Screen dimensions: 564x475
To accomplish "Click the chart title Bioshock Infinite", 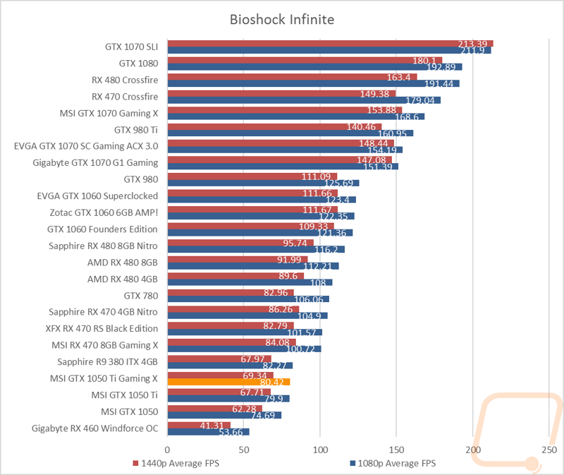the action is click(282, 20).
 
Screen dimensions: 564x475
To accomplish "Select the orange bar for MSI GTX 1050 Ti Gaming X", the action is click(228, 382).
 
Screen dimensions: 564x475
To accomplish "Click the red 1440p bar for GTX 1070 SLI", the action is click(330, 44).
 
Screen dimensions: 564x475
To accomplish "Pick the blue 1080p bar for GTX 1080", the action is click(314, 67).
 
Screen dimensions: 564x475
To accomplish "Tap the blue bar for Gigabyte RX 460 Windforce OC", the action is click(208, 432).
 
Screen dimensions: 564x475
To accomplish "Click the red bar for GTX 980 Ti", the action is click(274, 127).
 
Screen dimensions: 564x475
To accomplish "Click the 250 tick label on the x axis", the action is click(549, 450).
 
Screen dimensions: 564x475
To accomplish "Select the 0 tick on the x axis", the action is click(167, 450).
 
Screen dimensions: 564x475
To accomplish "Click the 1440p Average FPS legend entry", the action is click(176, 463).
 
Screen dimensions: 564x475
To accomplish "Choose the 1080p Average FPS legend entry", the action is click(393, 463).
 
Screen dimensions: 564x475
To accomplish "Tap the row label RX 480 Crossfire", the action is click(125, 80).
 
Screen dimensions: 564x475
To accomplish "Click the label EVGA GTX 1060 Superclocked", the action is click(97, 196).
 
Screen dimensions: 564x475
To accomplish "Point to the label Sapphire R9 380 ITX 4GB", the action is click(108, 362).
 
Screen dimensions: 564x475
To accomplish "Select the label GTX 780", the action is click(141, 296).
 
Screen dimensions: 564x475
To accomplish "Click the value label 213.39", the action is click(472, 44).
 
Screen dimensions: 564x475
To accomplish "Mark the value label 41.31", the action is click(212, 426).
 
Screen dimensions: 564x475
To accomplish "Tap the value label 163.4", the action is click(398, 78).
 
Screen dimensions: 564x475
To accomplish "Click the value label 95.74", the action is click(295, 243).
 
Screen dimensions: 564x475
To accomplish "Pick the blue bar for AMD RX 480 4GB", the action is click(250, 282).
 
